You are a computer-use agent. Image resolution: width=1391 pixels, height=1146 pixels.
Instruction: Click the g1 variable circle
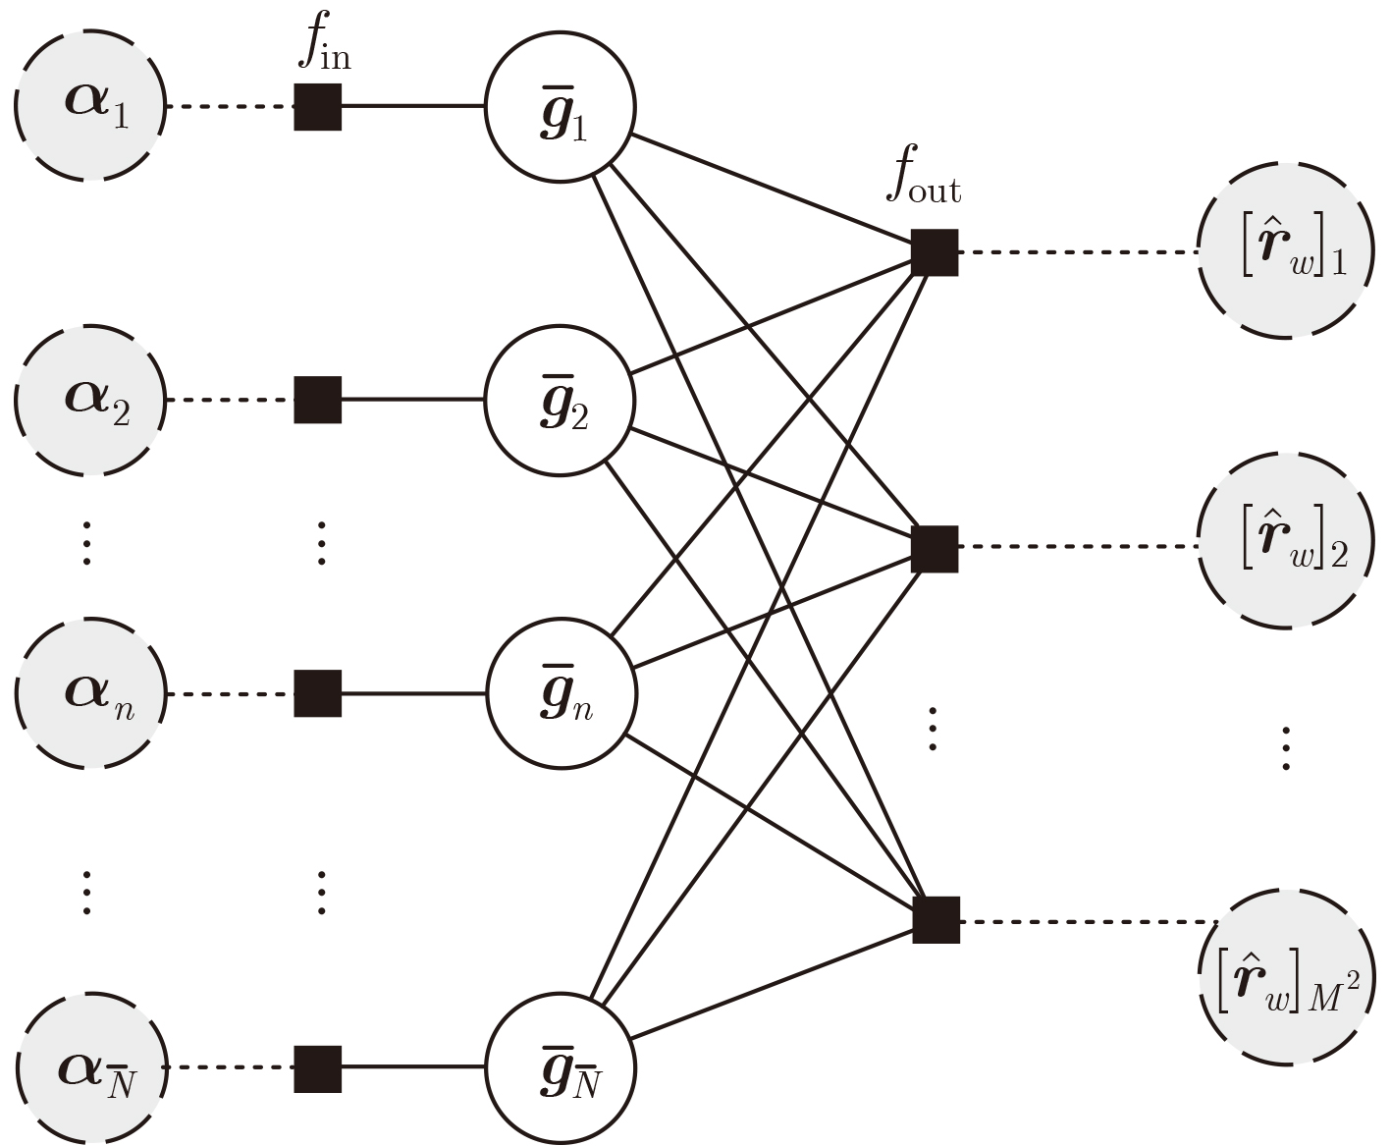point(561,106)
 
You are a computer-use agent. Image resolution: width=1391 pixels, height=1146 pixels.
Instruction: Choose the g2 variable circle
point(561,400)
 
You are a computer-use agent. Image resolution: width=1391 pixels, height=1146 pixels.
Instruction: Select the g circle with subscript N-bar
point(561,1067)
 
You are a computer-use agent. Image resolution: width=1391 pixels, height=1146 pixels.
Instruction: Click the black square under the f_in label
point(318,106)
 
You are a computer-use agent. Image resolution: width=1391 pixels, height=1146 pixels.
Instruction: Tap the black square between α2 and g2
point(318,400)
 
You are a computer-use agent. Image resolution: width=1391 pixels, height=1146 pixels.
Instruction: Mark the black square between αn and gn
point(318,693)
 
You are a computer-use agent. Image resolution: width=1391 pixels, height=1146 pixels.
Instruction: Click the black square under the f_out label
point(935,252)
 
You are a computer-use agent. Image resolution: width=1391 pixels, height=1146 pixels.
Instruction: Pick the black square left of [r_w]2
point(935,548)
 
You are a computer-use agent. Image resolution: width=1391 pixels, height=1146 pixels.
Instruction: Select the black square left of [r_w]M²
point(936,920)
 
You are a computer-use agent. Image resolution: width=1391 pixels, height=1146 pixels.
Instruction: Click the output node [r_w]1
point(1284,252)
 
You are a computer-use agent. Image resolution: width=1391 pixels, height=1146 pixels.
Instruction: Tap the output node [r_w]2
point(1284,542)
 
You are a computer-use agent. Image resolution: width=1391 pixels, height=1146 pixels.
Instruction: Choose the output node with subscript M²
point(1284,978)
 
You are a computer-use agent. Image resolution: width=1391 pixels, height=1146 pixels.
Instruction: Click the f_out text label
point(924,180)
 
